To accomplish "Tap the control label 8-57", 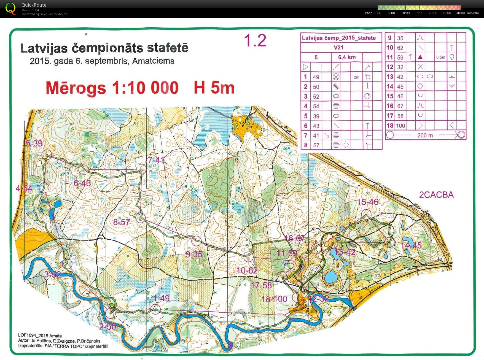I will point(121,222).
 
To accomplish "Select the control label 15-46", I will point(368,202).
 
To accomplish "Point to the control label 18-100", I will point(274,299).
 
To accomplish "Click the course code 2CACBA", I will point(436,195).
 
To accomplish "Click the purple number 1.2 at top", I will point(255,40).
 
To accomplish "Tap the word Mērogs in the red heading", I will point(76,88).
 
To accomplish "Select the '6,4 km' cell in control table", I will point(347,57).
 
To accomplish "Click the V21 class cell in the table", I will point(338,47).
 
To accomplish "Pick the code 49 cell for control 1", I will point(316,77).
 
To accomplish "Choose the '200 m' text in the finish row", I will point(425,135).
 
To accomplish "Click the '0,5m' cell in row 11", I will point(440,57).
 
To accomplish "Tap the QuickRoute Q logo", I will point(10,8).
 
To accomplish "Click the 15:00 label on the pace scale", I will point(419,13).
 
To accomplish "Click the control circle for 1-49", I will point(156,309).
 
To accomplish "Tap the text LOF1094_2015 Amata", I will point(40,335).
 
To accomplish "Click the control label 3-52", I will point(52,274).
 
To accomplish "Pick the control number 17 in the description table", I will point(390,116).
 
